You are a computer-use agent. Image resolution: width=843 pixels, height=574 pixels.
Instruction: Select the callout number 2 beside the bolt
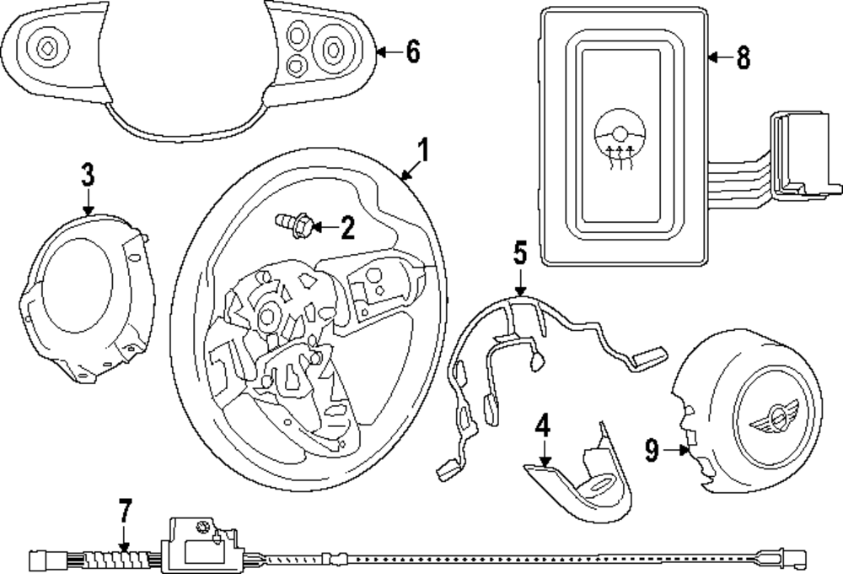346,226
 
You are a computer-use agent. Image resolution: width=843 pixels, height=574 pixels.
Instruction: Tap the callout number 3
88,175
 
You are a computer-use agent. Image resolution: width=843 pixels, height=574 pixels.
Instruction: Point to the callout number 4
544,425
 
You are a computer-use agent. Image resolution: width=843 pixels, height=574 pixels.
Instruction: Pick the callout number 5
519,252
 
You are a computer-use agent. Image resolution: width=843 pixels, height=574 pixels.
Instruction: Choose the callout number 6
411,51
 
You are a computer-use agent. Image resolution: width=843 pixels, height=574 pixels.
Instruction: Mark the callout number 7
125,511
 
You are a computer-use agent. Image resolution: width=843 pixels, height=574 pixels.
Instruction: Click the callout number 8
741,57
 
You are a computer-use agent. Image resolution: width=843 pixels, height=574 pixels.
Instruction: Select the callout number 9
652,450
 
